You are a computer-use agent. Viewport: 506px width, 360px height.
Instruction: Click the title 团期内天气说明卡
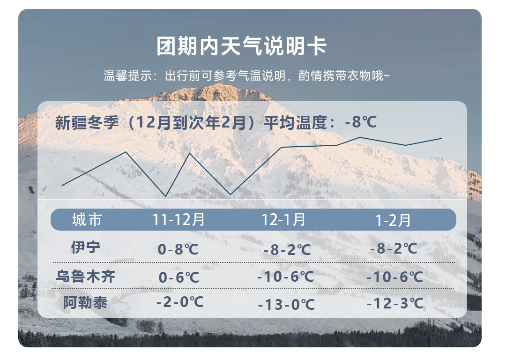point(241,46)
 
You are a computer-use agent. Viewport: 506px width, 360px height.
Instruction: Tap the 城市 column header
point(87,220)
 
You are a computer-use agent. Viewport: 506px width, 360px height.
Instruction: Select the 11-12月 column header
point(179,220)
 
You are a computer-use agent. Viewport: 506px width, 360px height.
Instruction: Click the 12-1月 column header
point(283,220)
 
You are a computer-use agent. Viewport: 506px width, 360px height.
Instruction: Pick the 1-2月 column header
point(393,221)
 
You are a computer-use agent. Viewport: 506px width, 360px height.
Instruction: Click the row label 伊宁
point(86,247)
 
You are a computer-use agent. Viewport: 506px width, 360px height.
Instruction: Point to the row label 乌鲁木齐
point(86,277)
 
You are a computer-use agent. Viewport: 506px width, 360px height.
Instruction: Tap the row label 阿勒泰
point(85,303)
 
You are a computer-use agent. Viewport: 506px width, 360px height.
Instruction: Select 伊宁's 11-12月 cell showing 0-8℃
point(178,249)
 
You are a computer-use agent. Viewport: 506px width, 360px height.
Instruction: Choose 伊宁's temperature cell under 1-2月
point(394,248)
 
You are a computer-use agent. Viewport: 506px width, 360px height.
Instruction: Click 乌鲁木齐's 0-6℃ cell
point(179,277)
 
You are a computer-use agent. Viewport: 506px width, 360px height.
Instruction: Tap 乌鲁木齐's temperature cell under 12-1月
point(286,277)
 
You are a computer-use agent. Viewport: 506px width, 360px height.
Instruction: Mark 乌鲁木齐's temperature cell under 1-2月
point(394,277)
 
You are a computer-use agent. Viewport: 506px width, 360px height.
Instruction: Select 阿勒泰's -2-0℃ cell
point(180,302)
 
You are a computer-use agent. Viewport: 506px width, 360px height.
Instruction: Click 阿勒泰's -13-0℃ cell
point(286,305)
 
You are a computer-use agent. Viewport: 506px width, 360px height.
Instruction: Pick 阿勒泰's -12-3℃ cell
point(395,303)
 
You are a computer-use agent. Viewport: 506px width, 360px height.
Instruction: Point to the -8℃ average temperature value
point(361,122)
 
